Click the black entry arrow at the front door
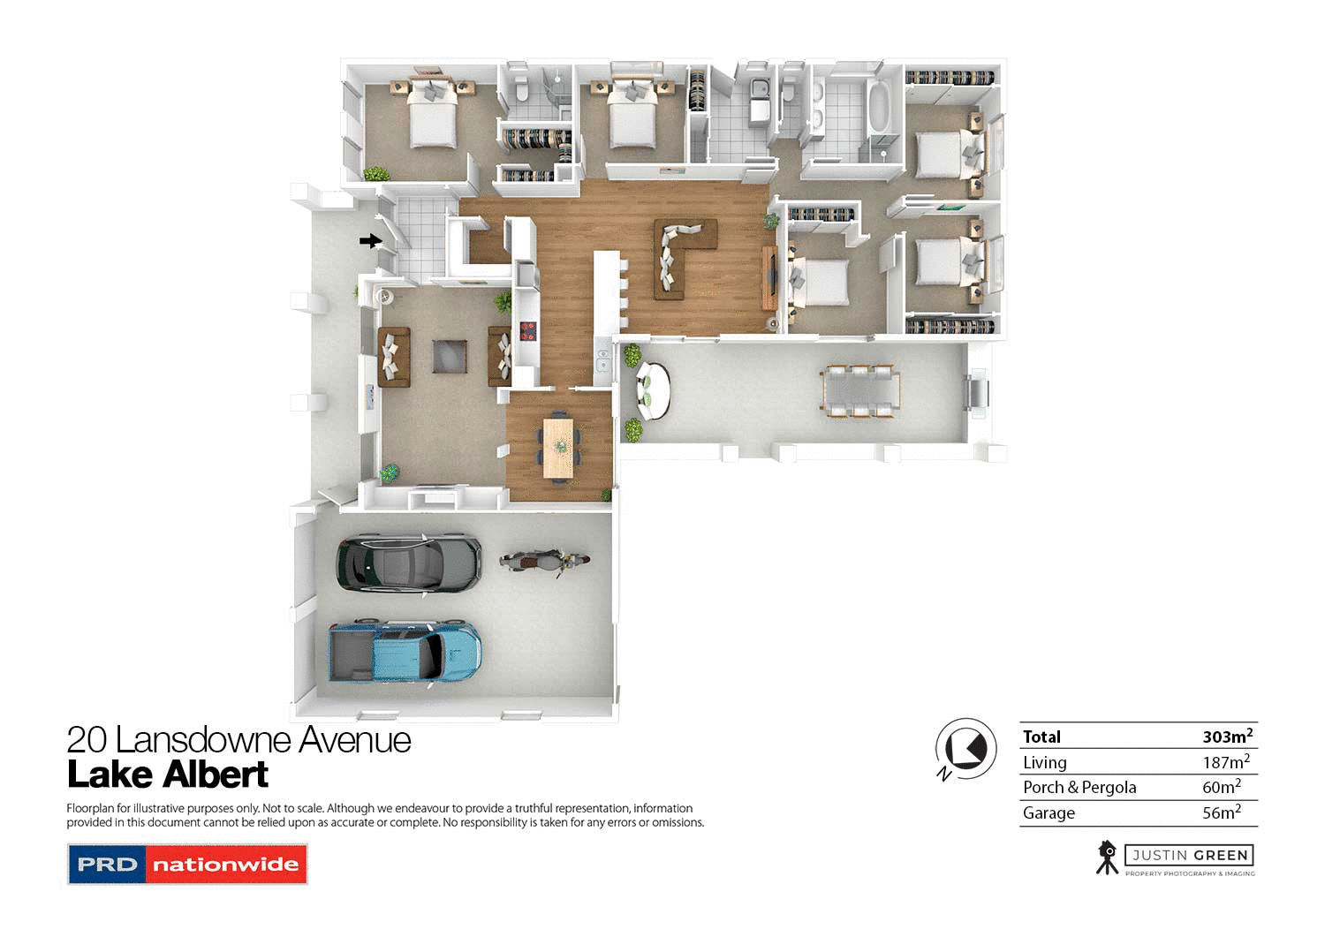point(370,240)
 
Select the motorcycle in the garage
point(544,562)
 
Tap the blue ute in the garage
point(405,652)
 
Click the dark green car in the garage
point(408,562)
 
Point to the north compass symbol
point(965,749)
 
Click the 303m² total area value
point(1227,737)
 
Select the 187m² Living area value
point(1225,762)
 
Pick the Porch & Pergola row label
point(1079,788)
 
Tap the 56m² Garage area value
point(1221,812)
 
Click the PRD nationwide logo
point(187,865)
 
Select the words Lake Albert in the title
point(168,775)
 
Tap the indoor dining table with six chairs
point(558,448)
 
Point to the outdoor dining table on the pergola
point(859,391)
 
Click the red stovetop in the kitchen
point(527,331)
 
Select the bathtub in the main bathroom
point(879,107)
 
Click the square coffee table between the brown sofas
point(450,356)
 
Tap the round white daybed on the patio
point(653,389)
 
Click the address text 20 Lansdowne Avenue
point(238,740)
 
